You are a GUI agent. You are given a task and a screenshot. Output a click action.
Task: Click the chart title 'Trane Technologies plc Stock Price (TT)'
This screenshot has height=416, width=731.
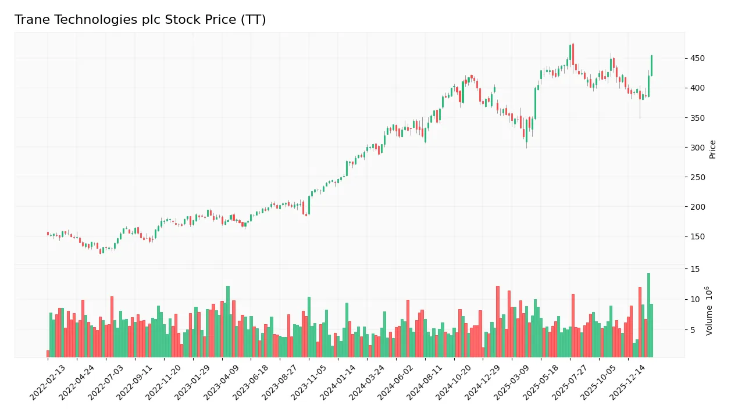pyautogui.click(x=140, y=20)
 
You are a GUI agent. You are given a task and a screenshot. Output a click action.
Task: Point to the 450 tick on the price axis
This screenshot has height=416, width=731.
pyautogui.click(x=697, y=58)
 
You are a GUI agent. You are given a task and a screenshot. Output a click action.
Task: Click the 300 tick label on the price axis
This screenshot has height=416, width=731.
pyautogui.click(x=697, y=148)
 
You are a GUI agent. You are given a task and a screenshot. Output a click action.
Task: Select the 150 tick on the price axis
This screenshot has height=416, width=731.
pyautogui.click(x=697, y=236)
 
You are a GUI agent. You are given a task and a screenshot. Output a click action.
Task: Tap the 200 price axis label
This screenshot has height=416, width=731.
pyautogui.click(x=697, y=207)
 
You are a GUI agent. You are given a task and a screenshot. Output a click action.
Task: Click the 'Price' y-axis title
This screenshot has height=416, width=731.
pyautogui.click(x=713, y=149)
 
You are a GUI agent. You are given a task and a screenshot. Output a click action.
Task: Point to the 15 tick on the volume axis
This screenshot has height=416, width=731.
pyautogui.click(x=695, y=269)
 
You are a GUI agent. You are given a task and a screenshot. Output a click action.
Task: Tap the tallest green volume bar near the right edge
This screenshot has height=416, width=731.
pyautogui.click(x=648, y=315)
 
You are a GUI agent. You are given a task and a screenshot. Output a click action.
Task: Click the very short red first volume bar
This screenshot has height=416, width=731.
pyautogui.click(x=48, y=354)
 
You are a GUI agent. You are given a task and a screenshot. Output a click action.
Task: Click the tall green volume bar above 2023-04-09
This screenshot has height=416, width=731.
pyautogui.click(x=228, y=321)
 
